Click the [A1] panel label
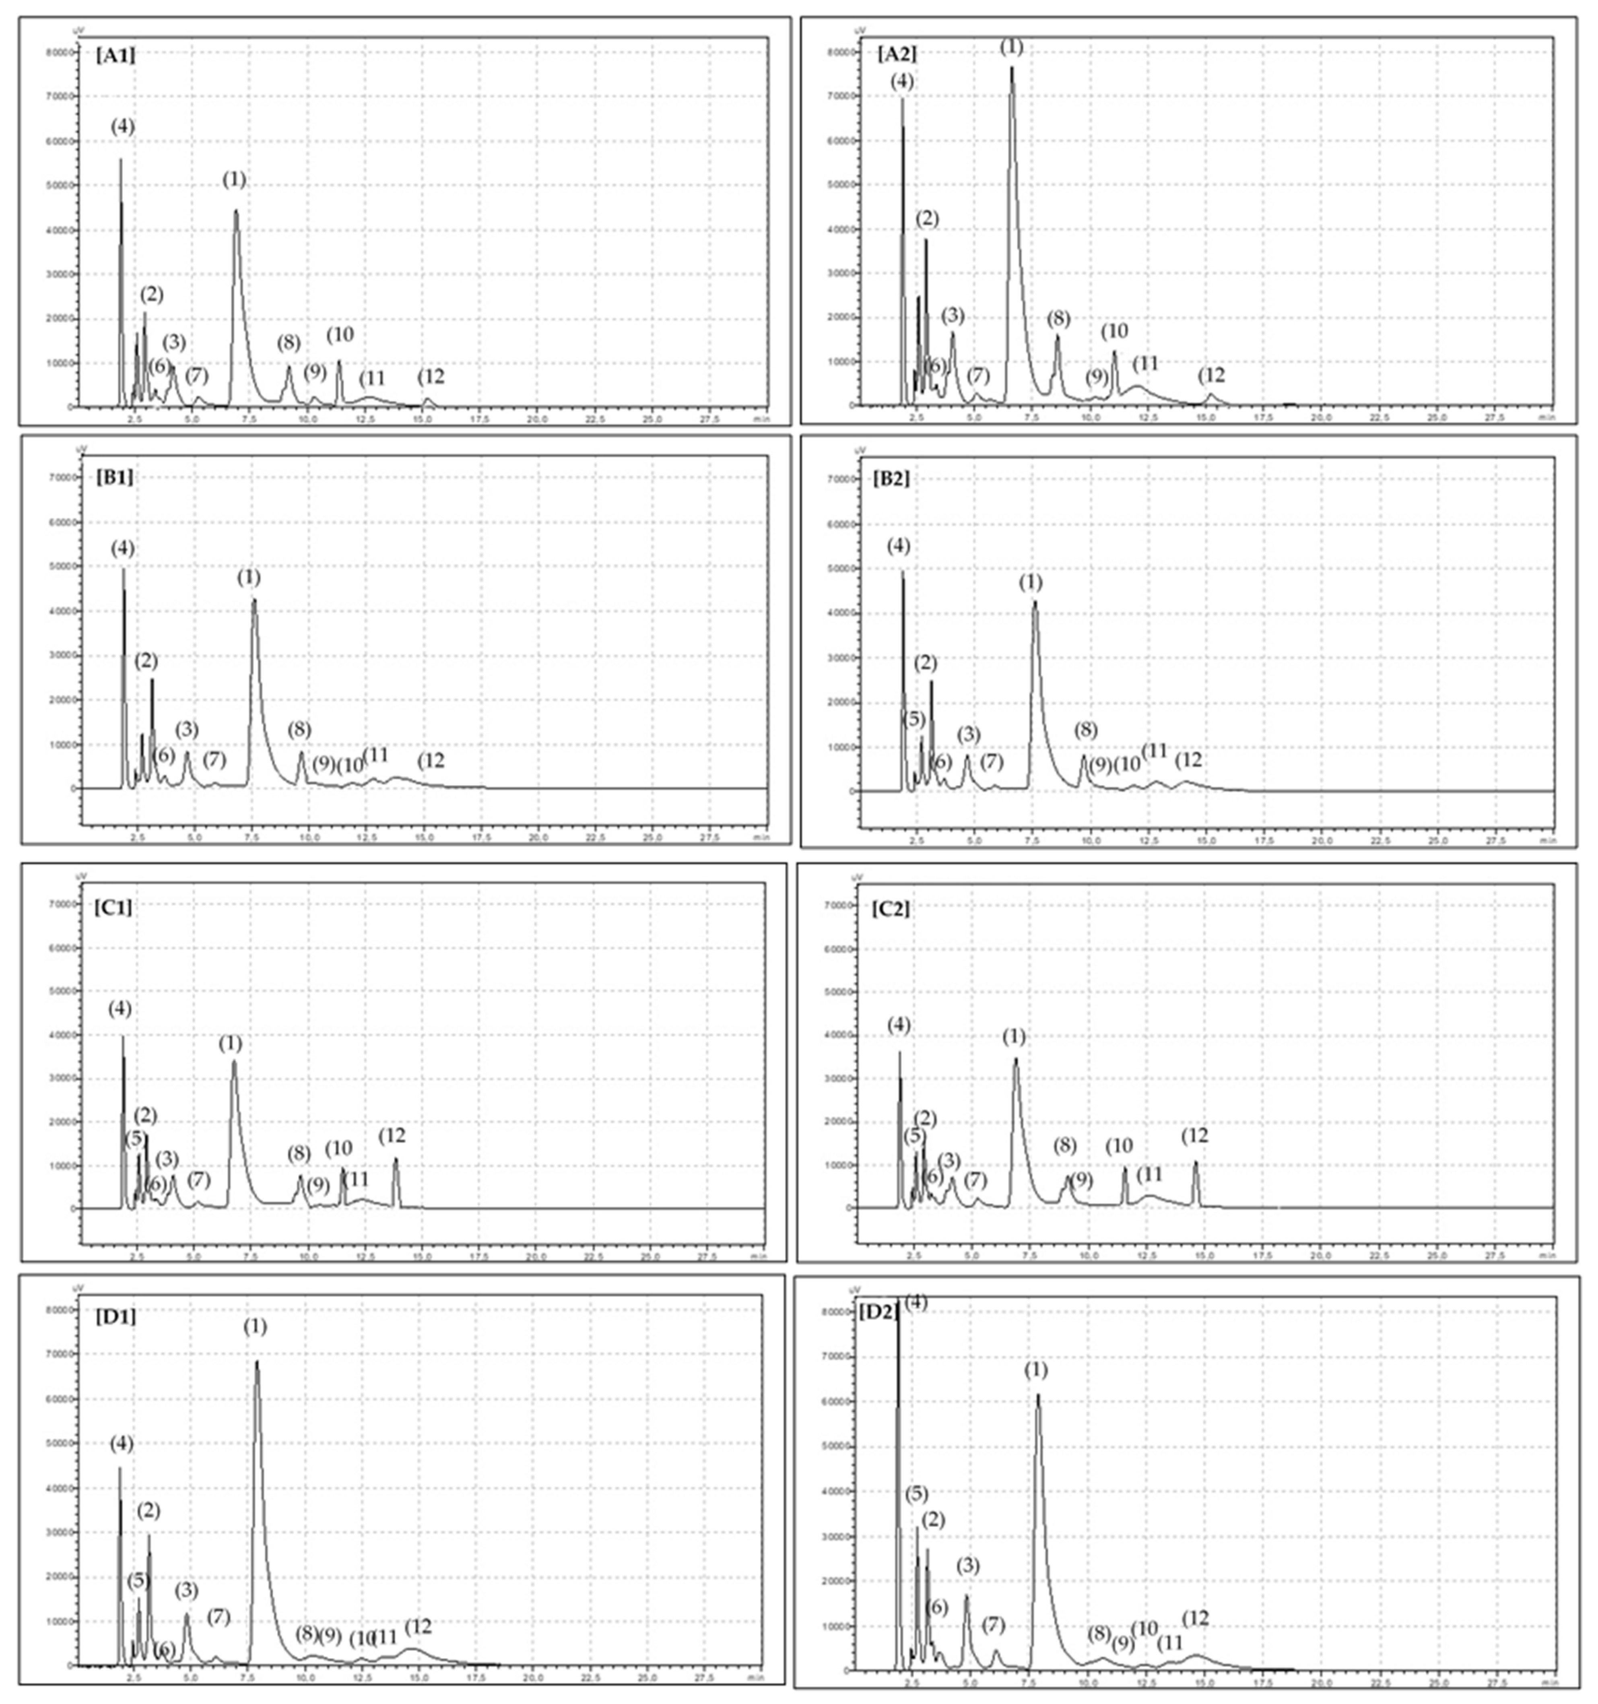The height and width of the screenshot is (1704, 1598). point(115,57)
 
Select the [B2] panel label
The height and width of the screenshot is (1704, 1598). point(891,477)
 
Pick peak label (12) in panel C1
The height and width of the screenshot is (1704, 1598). point(392,1136)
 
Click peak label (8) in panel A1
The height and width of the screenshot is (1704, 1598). point(289,343)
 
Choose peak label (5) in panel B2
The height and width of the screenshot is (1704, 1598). point(914,718)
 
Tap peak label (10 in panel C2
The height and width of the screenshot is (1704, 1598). point(1119,1145)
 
